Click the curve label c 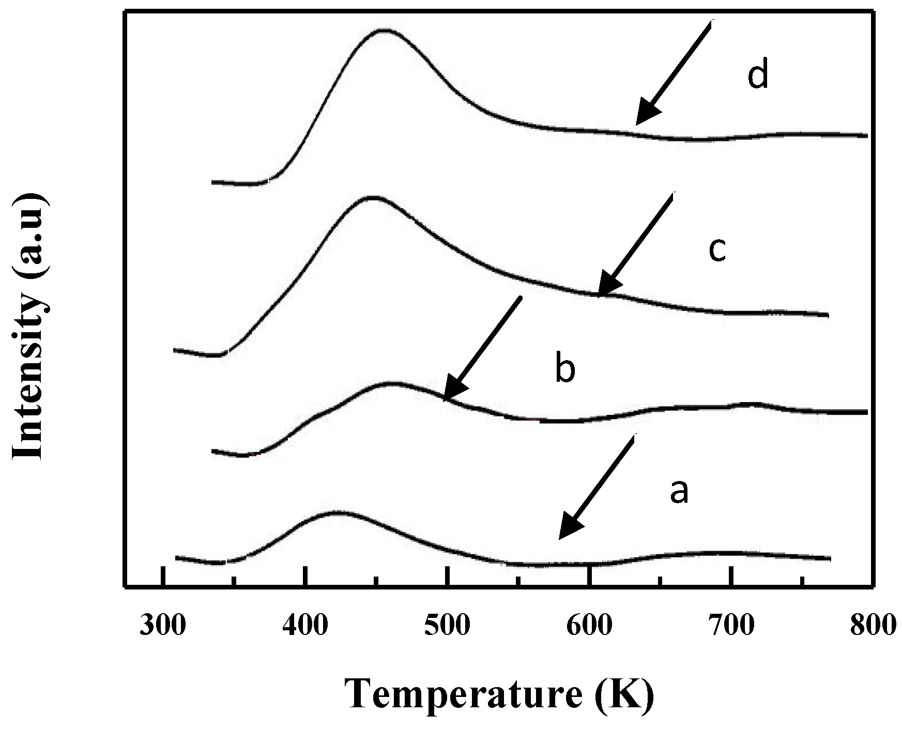[717, 250]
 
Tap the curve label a [679, 491]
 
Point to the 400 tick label [305, 626]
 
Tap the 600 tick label [589, 626]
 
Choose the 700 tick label [731, 626]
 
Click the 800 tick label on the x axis [873, 626]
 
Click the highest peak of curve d [384, 30]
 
